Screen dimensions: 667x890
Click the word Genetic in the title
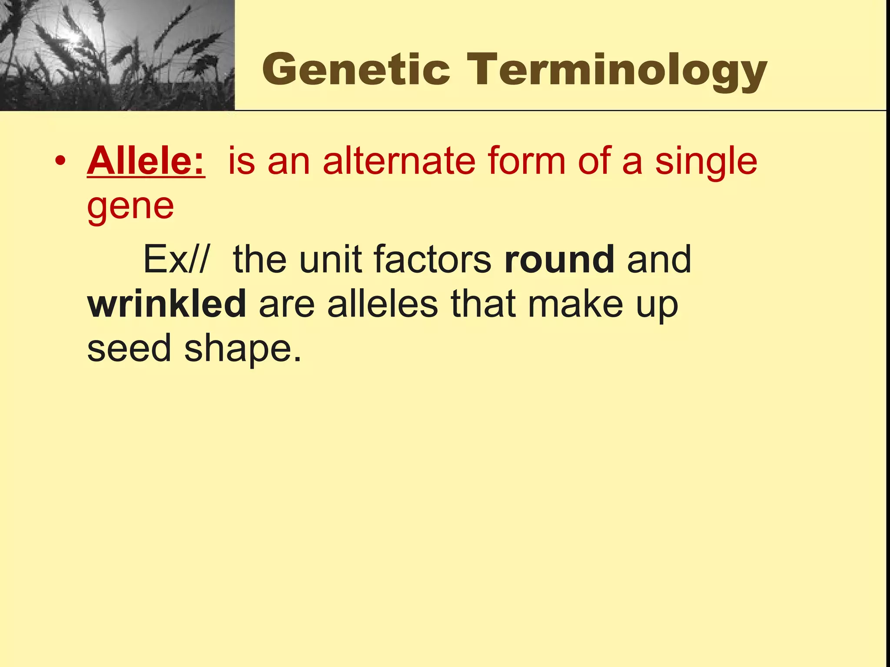[356, 69]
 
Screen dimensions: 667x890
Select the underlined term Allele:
[146, 161]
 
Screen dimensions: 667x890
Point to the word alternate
[399, 161]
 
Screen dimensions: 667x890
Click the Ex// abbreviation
[176, 259]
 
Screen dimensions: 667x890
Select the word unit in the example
[330, 259]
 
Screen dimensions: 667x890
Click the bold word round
[559, 259]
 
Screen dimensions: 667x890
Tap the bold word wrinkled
[167, 304]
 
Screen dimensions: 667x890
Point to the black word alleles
[382, 304]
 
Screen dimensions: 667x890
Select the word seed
[129, 348]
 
